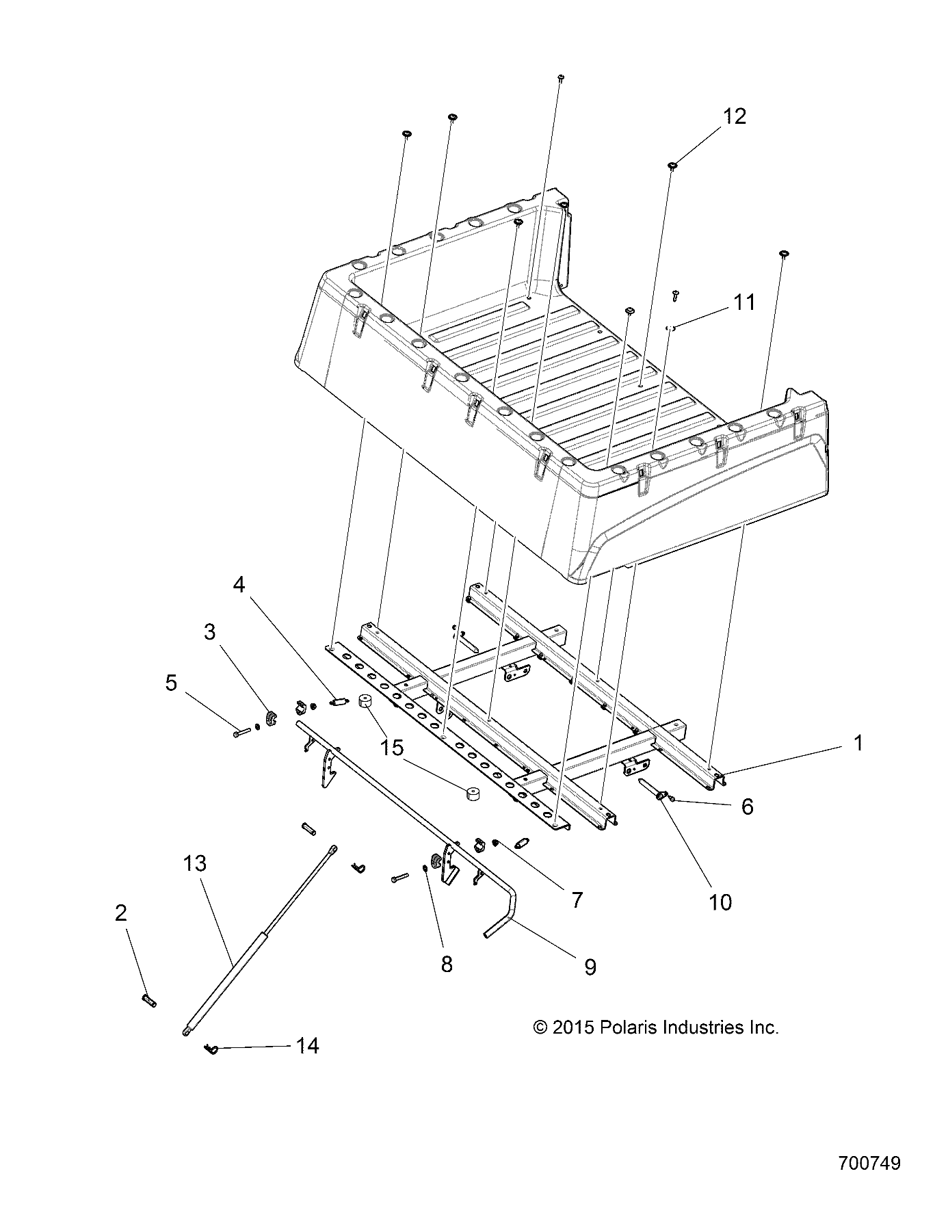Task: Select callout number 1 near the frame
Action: click(858, 742)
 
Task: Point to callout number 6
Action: click(747, 807)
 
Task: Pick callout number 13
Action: click(194, 863)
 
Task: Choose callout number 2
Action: click(121, 913)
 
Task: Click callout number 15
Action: click(393, 747)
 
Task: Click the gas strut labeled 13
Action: click(260, 941)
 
